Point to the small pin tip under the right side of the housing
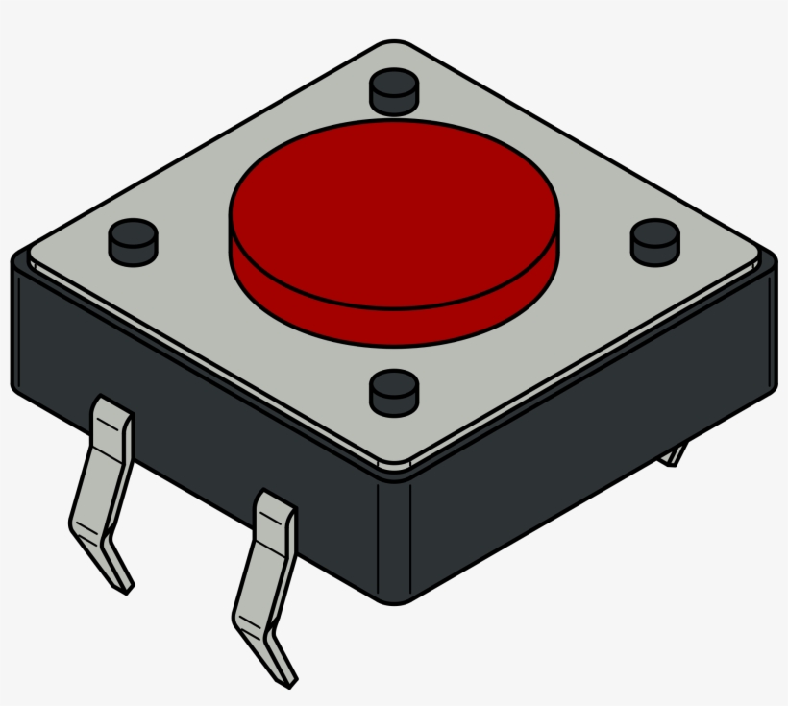coord(676,454)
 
